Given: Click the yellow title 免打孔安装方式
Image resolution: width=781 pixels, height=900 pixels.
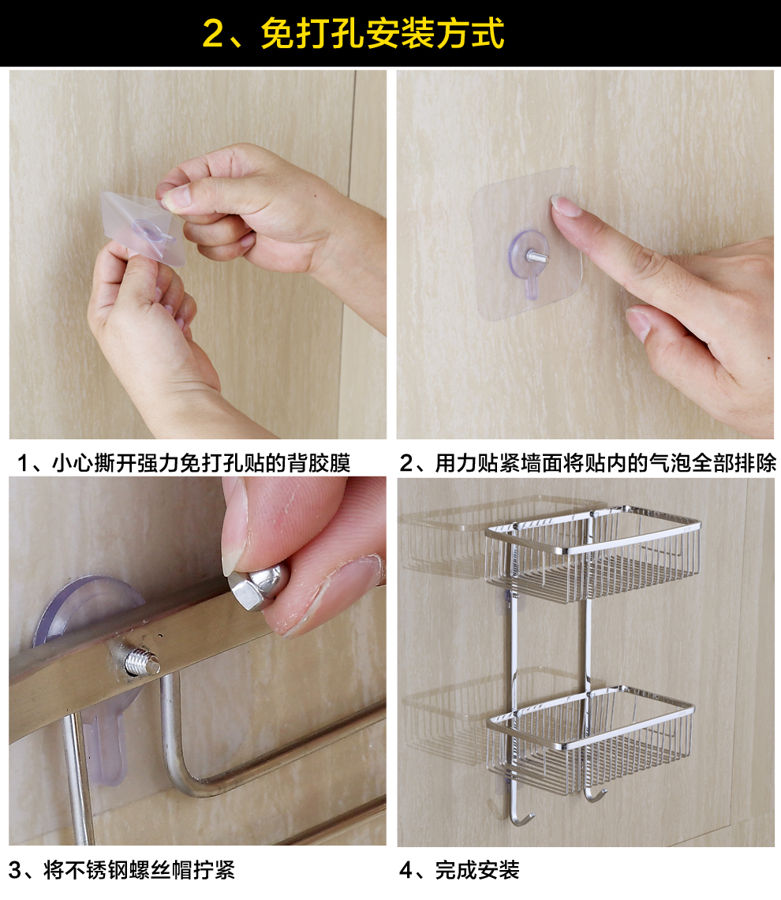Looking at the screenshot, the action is [x=383, y=33].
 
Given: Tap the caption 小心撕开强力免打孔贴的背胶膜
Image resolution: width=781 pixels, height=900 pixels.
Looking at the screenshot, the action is [x=202, y=463].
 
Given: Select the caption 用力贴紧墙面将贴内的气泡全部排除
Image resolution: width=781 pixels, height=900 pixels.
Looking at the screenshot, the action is [x=606, y=463].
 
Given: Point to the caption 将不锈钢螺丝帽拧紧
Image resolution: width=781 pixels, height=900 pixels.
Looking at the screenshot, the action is [x=140, y=870].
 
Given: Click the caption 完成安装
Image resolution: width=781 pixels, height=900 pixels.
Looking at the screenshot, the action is [x=477, y=870].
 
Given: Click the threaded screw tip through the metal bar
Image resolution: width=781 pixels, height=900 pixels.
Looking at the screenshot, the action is [x=142, y=661].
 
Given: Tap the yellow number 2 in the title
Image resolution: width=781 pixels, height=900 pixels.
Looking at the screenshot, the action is [x=213, y=33].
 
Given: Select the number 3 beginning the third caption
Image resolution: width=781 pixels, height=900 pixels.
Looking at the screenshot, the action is [x=14, y=871].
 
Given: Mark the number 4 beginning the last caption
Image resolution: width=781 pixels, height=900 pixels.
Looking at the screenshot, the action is [x=406, y=871].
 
